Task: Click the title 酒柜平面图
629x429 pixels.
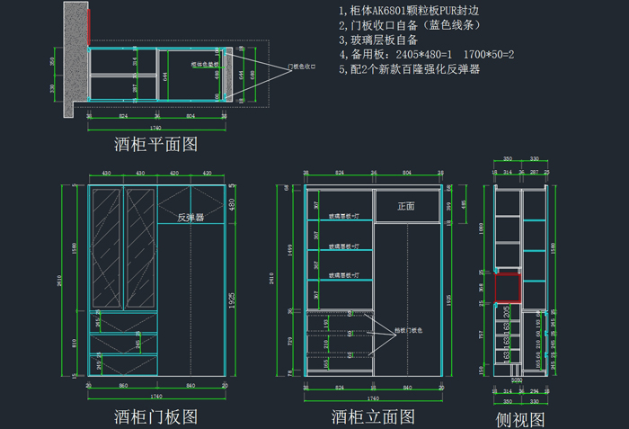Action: coord(155,143)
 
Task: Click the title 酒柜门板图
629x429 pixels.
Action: coord(155,416)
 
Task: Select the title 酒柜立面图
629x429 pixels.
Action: coord(373,416)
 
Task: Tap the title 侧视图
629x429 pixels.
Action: coord(521,419)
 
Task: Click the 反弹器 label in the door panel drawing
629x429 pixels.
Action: coord(190,217)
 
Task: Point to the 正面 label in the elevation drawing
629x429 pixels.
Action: coord(406,206)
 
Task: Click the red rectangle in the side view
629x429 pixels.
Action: coord(507,288)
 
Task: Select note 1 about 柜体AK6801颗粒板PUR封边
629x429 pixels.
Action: coord(409,10)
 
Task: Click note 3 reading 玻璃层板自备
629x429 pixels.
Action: coord(378,40)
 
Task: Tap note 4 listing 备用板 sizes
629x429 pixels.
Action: coord(426,55)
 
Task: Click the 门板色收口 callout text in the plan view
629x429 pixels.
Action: coord(303,67)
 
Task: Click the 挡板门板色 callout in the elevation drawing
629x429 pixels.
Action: coord(405,331)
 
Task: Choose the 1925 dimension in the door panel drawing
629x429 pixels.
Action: coord(232,296)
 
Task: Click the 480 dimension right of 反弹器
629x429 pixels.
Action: coord(232,205)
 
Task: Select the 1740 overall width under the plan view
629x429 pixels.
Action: coord(155,127)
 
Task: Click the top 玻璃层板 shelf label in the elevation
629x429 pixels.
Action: coord(344,217)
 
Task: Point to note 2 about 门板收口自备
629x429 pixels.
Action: coord(403,25)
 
